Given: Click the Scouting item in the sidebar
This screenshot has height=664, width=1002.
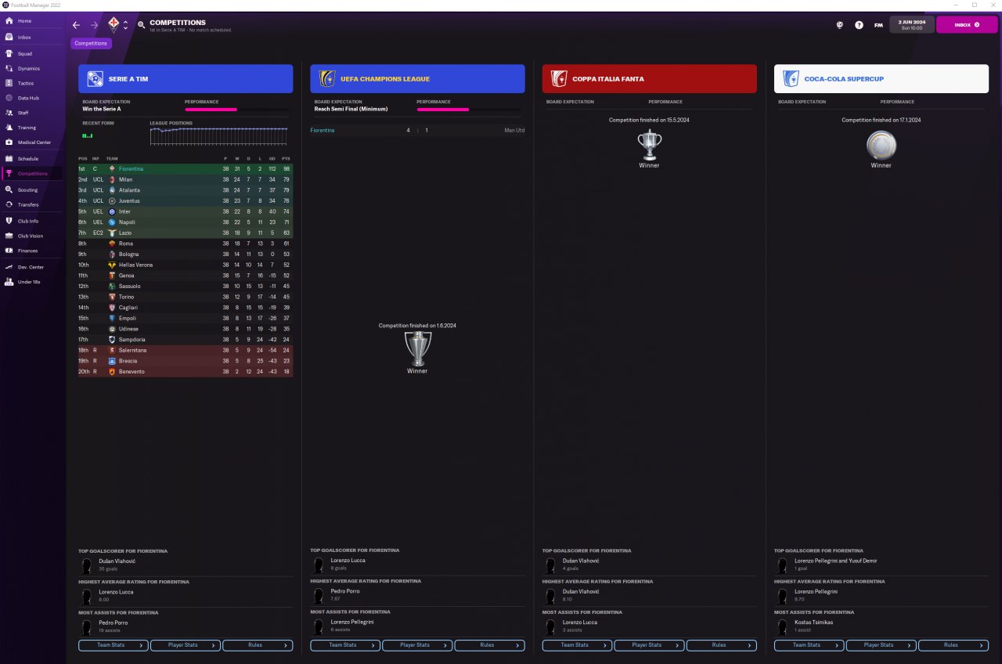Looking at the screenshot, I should (27, 189).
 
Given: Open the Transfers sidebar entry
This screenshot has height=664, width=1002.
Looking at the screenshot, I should (28, 204).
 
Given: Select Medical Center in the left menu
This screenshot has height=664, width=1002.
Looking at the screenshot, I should (34, 143).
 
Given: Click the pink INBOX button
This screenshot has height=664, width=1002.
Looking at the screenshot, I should (967, 25).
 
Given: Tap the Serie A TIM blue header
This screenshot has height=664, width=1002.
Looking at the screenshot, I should (186, 79).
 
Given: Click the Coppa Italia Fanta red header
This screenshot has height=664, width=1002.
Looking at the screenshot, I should (649, 79).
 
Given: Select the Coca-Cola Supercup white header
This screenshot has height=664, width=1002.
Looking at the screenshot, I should (881, 79).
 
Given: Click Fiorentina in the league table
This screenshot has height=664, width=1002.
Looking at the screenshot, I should (131, 169).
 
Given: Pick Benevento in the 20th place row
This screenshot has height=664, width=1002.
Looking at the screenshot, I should (132, 371).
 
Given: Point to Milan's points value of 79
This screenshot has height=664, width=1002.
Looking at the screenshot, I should (287, 180).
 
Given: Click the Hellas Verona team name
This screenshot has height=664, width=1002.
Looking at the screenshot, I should (135, 265).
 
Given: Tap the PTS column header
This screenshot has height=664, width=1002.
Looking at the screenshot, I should (286, 158).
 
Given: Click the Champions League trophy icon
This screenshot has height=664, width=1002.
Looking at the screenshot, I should (417, 348).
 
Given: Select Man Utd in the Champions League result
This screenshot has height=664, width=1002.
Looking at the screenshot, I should (514, 130).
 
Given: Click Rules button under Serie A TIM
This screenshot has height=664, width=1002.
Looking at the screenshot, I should (258, 645).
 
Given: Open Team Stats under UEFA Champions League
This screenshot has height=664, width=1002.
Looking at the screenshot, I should (345, 645).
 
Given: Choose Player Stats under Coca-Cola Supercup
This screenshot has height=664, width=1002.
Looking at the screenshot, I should (881, 645).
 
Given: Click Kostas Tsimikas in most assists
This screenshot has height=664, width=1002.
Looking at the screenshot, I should (813, 622).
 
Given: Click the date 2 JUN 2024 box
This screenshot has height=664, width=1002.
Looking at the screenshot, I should (912, 24).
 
